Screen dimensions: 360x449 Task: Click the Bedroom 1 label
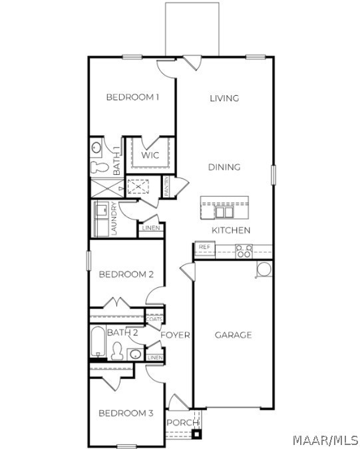[x=132, y=97]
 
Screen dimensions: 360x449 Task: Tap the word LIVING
[x=224, y=98]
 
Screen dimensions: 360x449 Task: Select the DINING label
[x=224, y=167]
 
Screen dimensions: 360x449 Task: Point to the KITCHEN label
[x=231, y=230]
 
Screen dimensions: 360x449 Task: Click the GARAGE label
[x=234, y=335]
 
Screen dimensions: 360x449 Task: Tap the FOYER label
[x=175, y=335]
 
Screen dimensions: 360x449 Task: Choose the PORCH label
[x=182, y=422]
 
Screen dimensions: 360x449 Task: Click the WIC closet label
[x=150, y=155]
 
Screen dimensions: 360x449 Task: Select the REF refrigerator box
[x=205, y=250]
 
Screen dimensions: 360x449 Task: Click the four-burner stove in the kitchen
[x=244, y=251]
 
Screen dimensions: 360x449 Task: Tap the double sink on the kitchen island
[x=224, y=212]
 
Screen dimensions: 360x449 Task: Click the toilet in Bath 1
[x=99, y=167]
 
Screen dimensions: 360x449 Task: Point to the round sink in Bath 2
[x=135, y=355]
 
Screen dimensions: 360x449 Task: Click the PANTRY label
[x=166, y=186]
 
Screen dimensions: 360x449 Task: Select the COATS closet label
[x=154, y=319]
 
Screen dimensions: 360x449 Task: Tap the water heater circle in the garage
[x=264, y=269]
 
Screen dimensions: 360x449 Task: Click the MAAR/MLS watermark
[x=325, y=440]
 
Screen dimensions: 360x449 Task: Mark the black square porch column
[x=197, y=434]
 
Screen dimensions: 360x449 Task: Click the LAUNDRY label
[x=114, y=219]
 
